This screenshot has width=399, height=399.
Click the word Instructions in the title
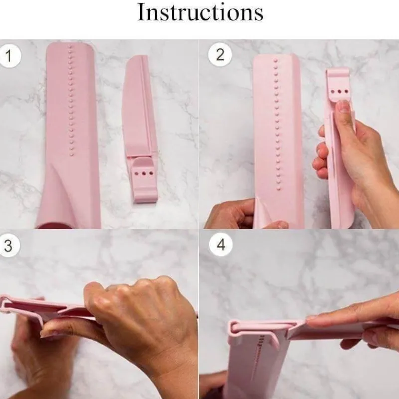tap(200, 12)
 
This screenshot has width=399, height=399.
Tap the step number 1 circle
tap(9, 56)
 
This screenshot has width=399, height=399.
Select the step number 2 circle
tap(220, 55)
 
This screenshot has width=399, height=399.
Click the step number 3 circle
tap(8, 245)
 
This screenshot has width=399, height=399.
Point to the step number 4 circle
tap(221, 245)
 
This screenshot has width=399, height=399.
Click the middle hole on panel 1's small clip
tap(144, 173)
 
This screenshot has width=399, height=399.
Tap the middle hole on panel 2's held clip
tap(339, 92)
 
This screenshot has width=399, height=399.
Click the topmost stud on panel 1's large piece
tap(70, 47)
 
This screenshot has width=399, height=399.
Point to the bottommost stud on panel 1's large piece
tap(72, 154)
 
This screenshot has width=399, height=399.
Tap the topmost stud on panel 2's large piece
tap(276, 61)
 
